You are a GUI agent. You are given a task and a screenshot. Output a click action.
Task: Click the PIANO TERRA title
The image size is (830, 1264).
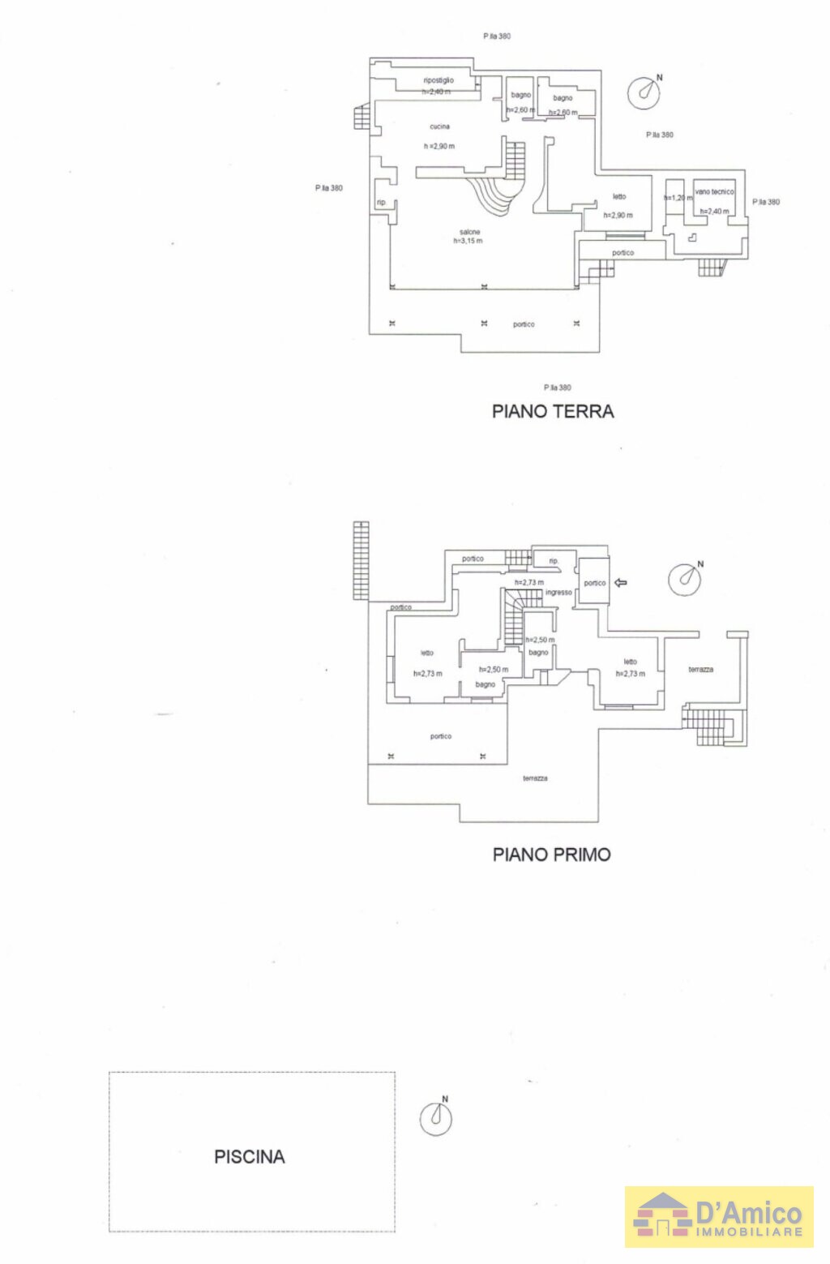tap(553, 412)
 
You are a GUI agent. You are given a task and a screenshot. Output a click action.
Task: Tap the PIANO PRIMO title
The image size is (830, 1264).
tap(551, 855)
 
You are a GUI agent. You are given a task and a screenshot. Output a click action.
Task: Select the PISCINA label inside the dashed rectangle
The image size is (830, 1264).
tap(249, 1157)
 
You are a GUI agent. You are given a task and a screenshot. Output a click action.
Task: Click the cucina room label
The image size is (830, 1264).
tap(439, 126)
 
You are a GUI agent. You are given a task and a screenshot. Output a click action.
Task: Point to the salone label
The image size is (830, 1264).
tap(469, 232)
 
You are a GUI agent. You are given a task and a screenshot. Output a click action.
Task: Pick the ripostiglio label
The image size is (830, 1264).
tap(439, 80)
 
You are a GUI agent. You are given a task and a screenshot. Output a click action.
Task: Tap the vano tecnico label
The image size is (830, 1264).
tap(714, 192)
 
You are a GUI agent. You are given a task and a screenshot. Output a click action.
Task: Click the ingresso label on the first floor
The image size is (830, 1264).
tap(558, 593)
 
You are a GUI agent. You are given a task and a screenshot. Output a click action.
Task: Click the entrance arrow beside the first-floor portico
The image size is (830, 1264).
tap(621, 582)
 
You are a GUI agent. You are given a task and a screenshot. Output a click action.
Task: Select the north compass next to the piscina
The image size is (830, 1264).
tap(436, 1118)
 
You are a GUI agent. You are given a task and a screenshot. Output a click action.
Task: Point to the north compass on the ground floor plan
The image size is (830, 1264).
tap(644, 92)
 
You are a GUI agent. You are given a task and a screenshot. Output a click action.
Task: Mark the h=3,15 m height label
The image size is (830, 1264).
tap(468, 241)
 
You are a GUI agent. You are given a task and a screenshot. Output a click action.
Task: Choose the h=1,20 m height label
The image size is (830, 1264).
tap(678, 198)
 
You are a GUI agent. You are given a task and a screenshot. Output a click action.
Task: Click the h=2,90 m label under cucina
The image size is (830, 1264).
tap(439, 147)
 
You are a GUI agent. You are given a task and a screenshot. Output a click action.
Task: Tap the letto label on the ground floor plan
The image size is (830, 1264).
tap(619, 197)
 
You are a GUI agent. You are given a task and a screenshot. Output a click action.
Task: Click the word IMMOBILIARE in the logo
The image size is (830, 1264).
tap(749, 1232)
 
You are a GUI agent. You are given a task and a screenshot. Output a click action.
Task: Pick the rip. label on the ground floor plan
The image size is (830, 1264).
tap(381, 203)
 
